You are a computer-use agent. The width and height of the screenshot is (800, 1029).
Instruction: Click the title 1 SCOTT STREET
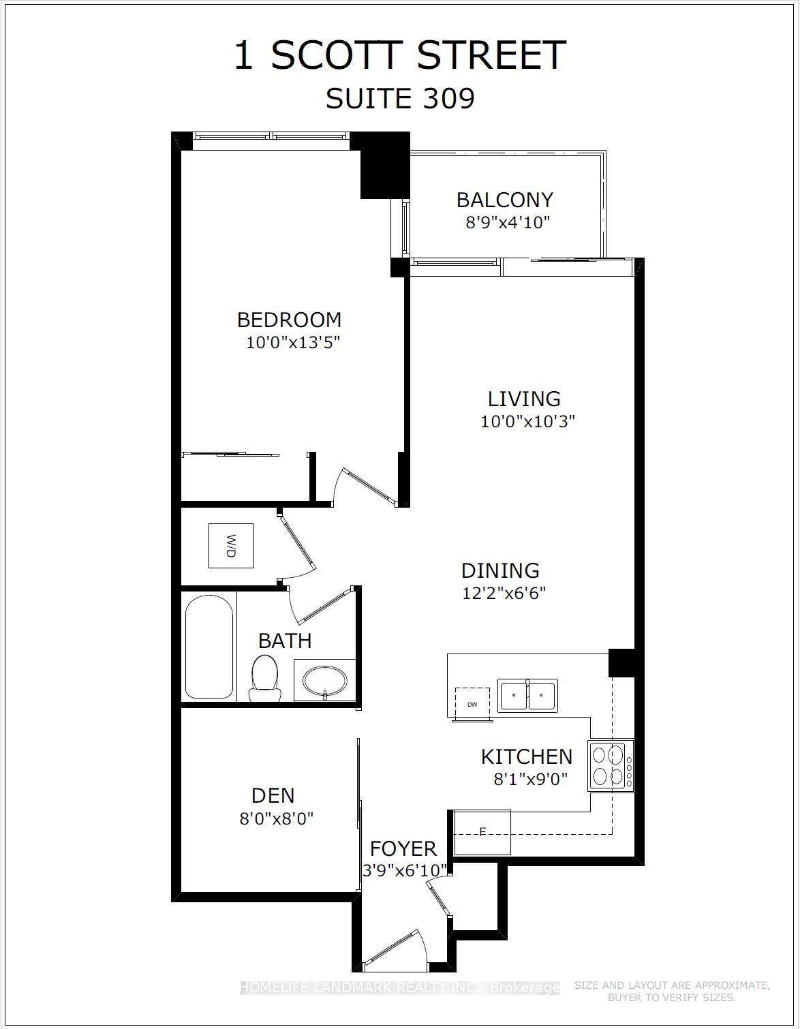[400, 56]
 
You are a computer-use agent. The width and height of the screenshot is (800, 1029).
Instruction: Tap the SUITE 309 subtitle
[400, 99]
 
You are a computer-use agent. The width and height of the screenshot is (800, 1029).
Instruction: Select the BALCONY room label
[504, 200]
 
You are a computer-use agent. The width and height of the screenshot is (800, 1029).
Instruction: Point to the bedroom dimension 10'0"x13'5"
[293, 342]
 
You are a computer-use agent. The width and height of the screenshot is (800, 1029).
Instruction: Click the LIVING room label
[524, 399]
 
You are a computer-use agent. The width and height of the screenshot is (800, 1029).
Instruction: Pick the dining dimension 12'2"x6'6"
[504, 593]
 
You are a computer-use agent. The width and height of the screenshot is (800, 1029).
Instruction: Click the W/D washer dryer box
[230, 545]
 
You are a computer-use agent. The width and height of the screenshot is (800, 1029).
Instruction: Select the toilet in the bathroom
[264, 678]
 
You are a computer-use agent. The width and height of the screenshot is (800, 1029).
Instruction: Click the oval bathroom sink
[325, 681]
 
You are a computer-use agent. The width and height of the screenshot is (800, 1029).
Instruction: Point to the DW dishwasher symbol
[472, 703]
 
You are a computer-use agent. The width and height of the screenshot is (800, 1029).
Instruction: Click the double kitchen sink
[527, 696]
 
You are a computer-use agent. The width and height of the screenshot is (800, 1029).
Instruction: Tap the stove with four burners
[610, 765]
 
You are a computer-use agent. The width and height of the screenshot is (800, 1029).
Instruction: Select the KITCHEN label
[526, 756]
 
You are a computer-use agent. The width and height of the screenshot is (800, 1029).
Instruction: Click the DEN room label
[273, 795]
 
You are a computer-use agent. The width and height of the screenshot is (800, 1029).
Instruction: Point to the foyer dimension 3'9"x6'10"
[405, 870]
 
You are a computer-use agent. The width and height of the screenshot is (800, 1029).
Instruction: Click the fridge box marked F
[482, 832]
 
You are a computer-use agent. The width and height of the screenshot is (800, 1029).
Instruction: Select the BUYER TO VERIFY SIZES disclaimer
[671, 998]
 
